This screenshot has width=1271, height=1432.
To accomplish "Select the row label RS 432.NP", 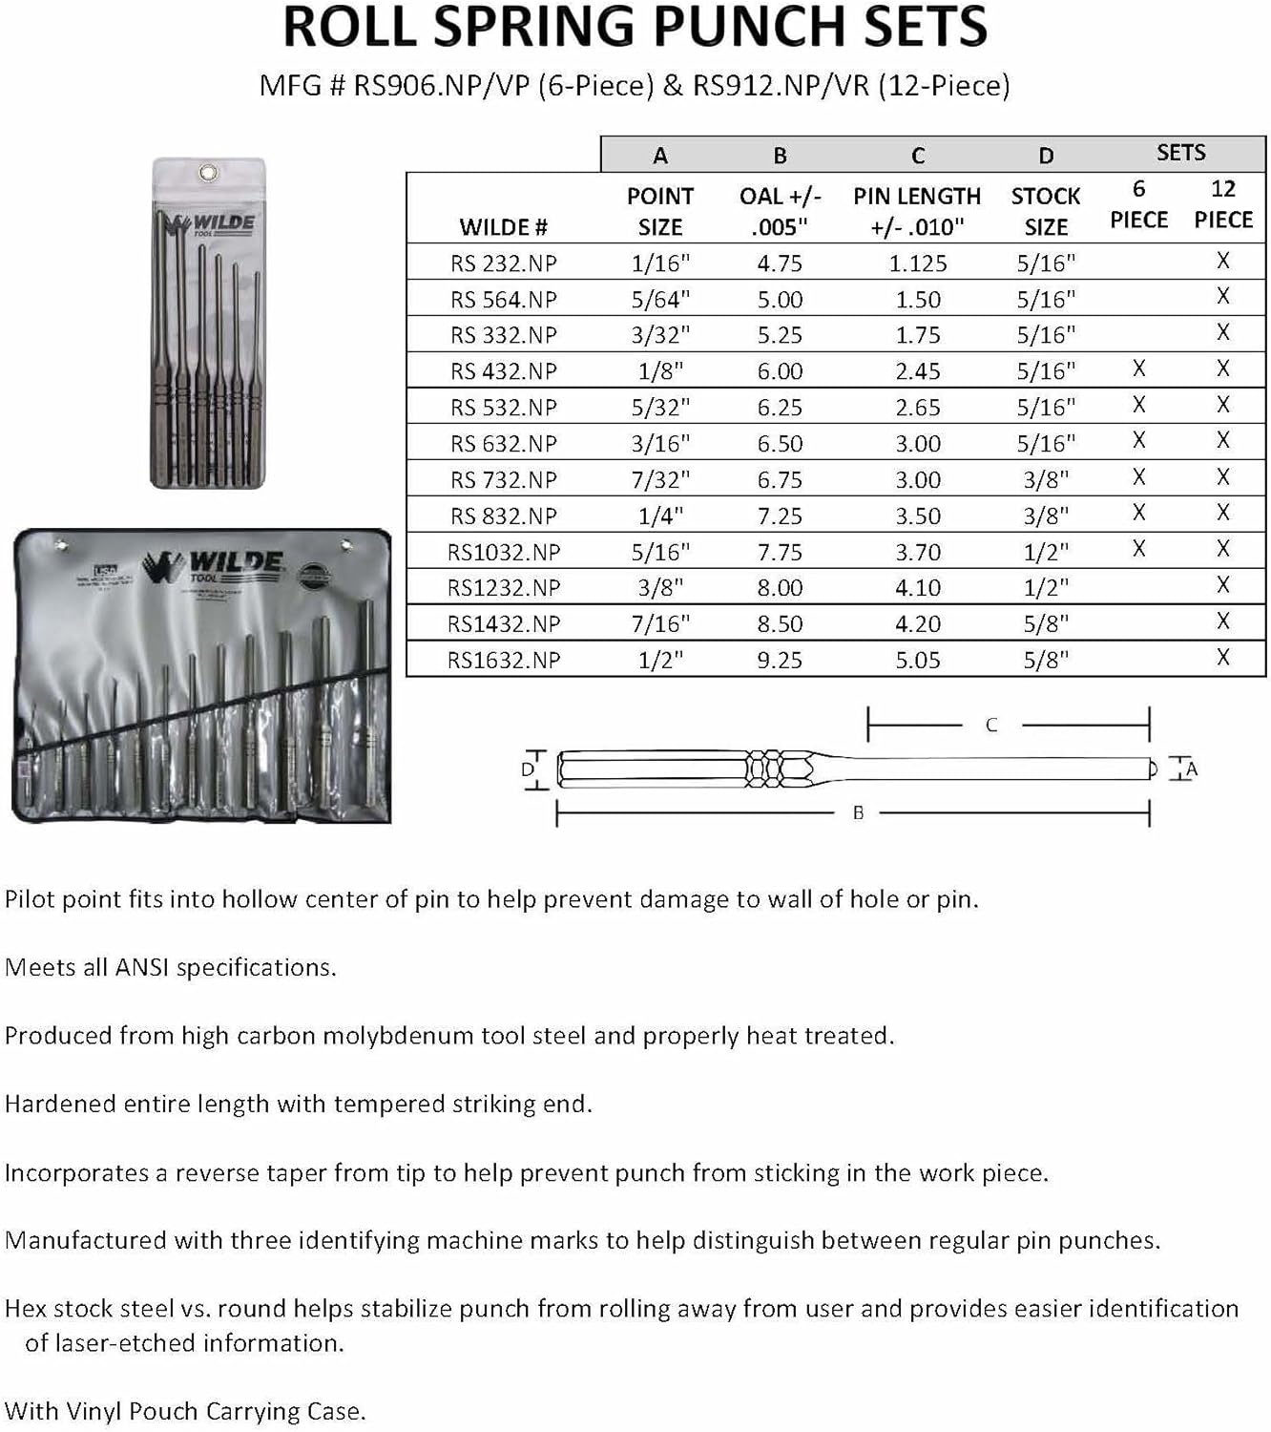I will (x=504, y=371).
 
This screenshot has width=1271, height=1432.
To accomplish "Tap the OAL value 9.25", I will (x=780, y=660).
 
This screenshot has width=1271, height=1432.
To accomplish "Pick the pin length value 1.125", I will (x=917, y=263).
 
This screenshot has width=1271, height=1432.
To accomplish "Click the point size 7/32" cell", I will (x=660, y=480).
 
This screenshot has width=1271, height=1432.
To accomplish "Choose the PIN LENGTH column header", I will (x=917, y=211).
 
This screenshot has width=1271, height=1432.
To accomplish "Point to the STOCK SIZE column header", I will (x=1046, y=211).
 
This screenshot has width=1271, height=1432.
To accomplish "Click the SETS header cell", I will (x=1180, y=153).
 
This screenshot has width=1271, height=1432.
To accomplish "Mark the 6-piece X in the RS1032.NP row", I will (x=1138, y=549).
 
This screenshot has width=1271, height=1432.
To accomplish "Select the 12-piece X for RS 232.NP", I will (x=1223, y=261).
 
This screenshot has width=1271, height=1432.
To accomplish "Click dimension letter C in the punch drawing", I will (x=991, y=726).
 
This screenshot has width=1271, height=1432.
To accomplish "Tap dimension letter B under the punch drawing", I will (x=858, y=813).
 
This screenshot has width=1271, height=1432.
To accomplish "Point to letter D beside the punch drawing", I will (x=528, y=770).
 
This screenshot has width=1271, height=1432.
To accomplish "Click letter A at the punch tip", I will (x=1191, y=769).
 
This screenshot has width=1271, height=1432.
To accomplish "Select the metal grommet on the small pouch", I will (x=208, y=173).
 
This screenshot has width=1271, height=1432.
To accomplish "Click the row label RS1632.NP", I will (x=504, y=660).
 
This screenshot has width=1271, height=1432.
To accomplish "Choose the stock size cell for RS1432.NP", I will (x=1046, y=624).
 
